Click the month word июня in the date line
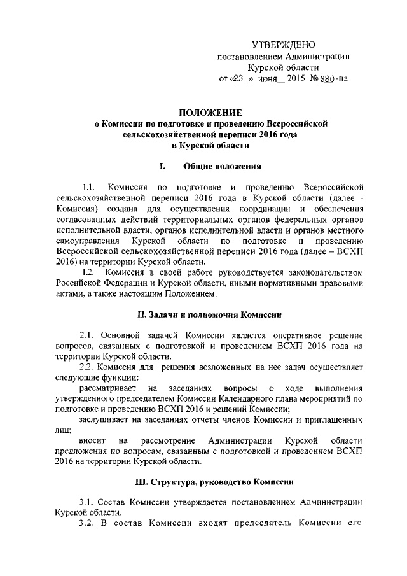(x=265, y=81)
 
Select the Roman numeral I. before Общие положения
(x=163, y=167)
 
